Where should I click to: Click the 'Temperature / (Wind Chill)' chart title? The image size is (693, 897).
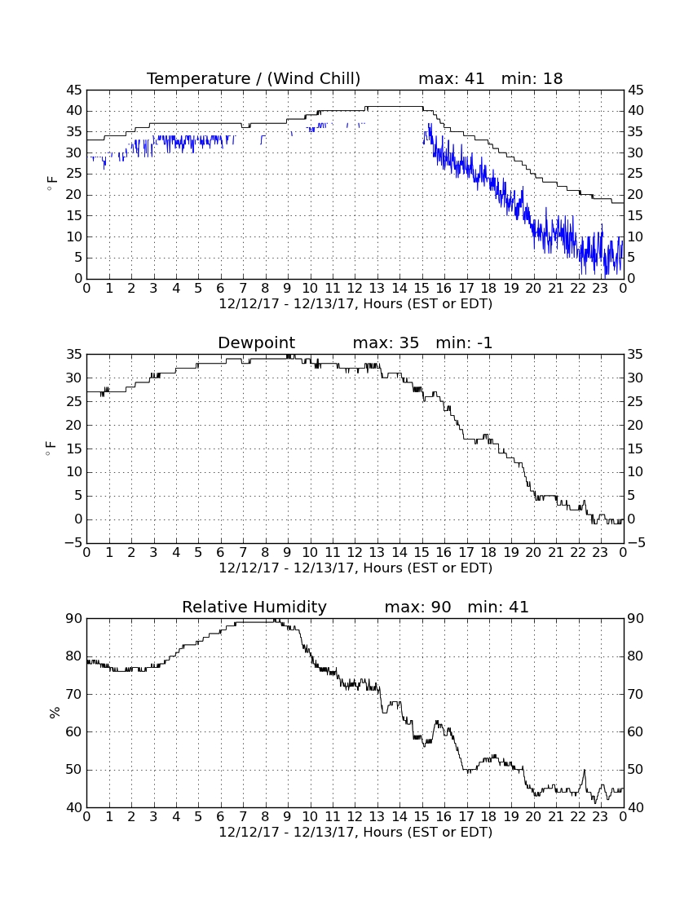point(254,78)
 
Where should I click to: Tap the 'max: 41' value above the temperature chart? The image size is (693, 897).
point(451,78)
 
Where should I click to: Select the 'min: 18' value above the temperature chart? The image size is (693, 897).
point(532,78)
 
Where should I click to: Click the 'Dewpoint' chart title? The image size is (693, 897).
point(256,342)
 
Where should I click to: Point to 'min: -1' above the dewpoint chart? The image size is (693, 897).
point(464,342)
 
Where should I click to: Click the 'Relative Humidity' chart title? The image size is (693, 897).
point(254,607)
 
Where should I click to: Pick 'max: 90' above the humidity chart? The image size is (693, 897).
point(417,607)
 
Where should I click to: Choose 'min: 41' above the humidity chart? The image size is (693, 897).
point(498,607)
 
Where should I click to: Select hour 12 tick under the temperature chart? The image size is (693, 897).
point(355,289)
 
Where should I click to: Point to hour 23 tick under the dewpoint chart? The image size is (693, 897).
point(600,553)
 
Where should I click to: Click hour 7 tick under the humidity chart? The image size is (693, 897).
point(243,817)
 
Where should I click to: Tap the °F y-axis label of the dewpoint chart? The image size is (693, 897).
point(51,448)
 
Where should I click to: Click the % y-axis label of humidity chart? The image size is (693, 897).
point(55,713)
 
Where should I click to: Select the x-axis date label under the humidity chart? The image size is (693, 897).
point(355,832)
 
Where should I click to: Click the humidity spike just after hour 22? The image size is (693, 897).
point(584,770)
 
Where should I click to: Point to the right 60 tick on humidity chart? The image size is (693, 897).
point(635,731)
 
